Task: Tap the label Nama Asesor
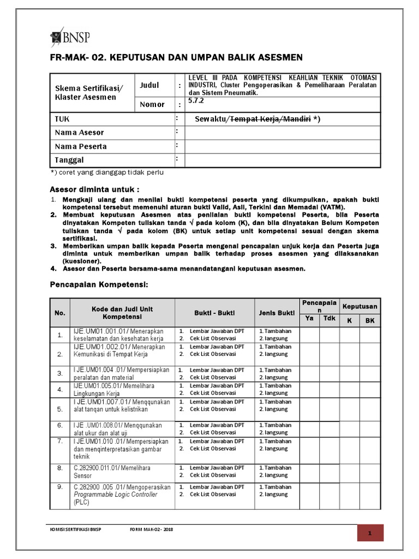[79, 133]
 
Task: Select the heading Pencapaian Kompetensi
[99, 285]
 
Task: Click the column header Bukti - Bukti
[214, 313]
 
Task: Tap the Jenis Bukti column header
[276, 313]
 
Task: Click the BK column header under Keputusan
[370, 320]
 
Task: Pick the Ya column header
[309, 318]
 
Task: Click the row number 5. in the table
[60, 408]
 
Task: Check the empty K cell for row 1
[349, 335]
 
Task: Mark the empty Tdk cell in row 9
[330, 495]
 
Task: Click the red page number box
[370, 533]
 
